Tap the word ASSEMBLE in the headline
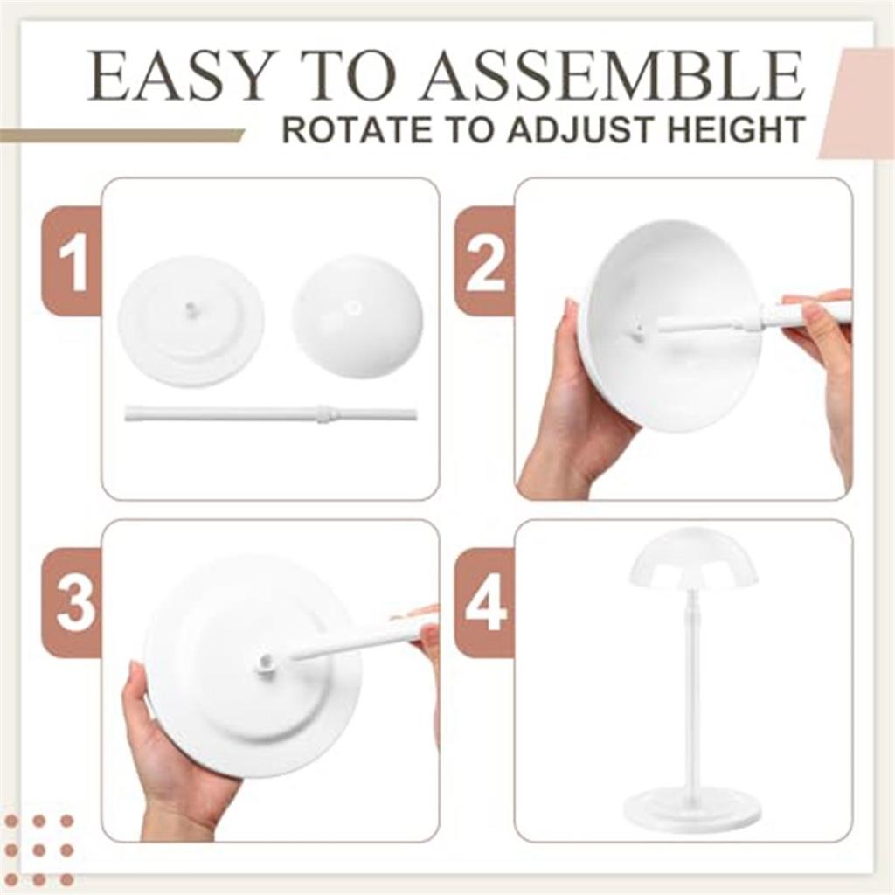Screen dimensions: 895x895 click(611, 77)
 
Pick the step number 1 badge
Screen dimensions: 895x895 click(73, 261)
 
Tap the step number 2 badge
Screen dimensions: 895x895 click(484, 261)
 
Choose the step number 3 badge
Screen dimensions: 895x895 click(73, 603)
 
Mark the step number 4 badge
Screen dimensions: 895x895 click(484, 603)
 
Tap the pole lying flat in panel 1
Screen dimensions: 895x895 click(270, 413)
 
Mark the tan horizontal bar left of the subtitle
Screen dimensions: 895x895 click(122, 135)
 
